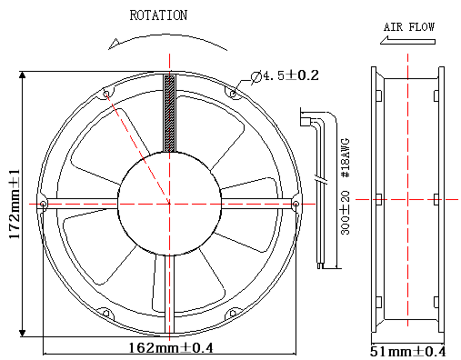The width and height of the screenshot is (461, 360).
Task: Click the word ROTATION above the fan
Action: pos(158,15)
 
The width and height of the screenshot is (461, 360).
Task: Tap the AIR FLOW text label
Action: pos(409,27)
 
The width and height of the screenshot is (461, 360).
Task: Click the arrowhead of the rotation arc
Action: pos(114,44)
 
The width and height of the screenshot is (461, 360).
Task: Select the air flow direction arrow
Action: pos(407,40)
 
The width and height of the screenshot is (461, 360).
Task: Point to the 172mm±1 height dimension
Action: pos(15,204)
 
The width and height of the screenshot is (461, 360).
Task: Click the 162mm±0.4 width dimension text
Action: pos(171,348)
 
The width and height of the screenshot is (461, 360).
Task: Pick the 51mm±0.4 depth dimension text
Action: pos(408,352)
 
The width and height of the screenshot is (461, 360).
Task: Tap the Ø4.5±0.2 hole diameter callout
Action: pos(285,76)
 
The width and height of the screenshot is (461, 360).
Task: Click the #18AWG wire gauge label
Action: pos(346,158)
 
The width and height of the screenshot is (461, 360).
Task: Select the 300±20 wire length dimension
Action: pos(346,213)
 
